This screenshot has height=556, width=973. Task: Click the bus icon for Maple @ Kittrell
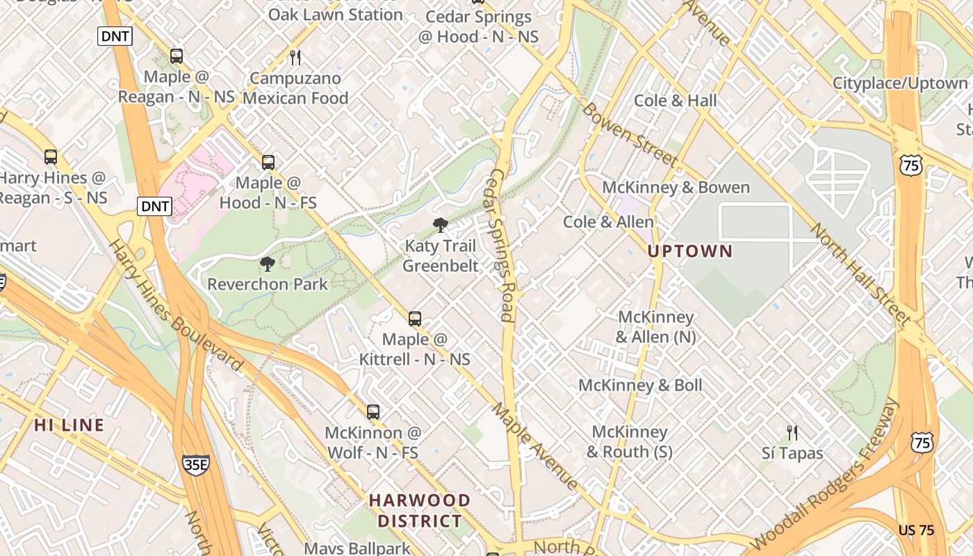415,319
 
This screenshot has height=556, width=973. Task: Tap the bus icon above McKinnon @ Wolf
373,412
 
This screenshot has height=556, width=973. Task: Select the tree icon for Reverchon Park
268,263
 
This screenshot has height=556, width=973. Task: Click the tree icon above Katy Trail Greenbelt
440,224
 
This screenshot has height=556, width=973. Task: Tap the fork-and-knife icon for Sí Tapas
792,433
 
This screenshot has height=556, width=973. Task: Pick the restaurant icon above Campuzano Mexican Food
295,57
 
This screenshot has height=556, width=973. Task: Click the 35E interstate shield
197,464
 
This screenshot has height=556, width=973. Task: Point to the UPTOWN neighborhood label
690,251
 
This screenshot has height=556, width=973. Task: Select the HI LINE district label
69,425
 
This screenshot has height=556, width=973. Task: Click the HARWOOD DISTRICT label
420,510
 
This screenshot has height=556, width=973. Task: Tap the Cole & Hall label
675,101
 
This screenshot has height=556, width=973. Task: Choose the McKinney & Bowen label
676,188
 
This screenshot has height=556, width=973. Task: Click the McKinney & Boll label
640,385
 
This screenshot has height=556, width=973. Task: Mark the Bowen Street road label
630,135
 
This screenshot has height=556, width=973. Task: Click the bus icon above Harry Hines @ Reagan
50,157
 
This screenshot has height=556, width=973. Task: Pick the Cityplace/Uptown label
899,83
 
